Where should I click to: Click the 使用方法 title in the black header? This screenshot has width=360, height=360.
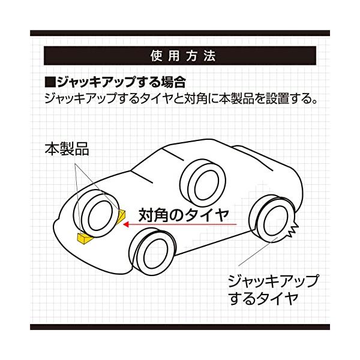179,57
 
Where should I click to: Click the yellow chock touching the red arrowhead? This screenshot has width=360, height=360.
121,217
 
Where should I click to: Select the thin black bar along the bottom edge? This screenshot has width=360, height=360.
179,327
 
